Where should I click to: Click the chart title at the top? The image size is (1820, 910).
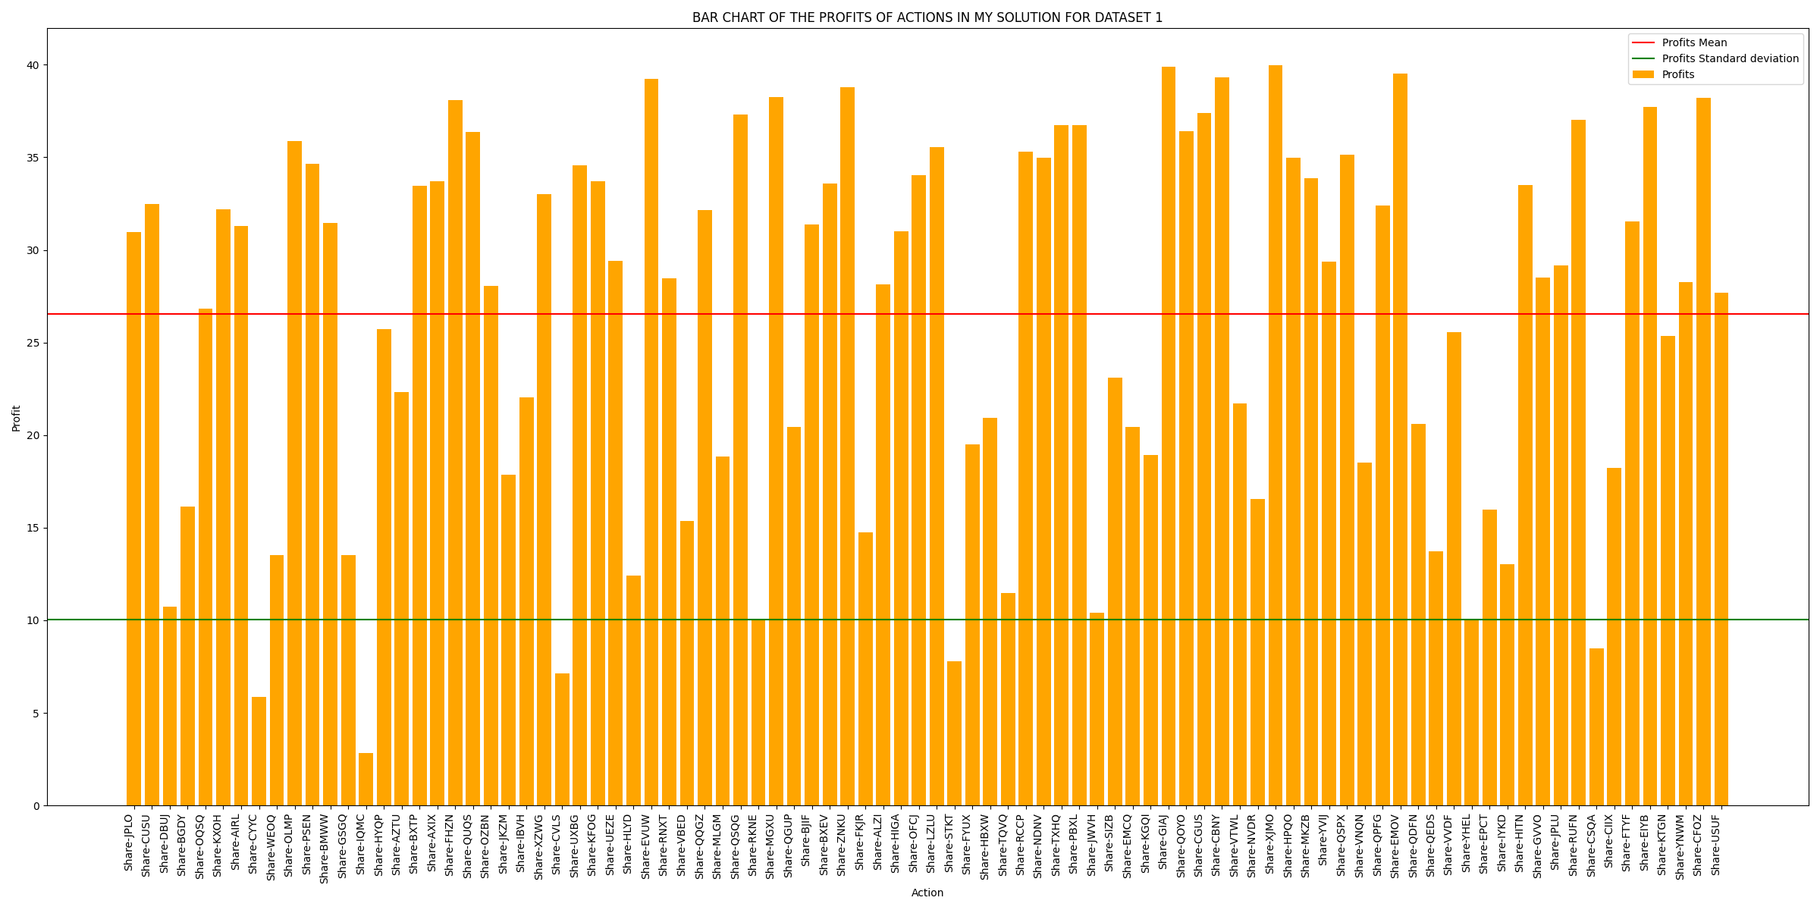[x=927, y=17]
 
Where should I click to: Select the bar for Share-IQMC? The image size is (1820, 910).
[x=366, y=779]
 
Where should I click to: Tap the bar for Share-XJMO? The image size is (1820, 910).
[x=1276, y=435]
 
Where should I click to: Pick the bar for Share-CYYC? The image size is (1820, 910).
[x=259, y=751]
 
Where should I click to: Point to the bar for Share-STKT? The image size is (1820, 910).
[x=954, y=733]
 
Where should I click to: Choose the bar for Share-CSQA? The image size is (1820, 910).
[x=1596, y=726]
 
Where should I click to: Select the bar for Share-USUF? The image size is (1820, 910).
[x=1721, y=549]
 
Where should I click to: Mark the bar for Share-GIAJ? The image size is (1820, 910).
[x=1169, y=436]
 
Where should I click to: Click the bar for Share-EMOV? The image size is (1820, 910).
[x=1400, y=440]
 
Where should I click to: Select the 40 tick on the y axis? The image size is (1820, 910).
[x=34, y=65]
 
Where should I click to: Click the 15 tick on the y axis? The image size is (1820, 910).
[x=34, y=528]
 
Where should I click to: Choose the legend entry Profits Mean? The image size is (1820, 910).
[x=1694, y=43]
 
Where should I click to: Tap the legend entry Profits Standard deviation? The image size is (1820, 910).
[x=1730, y=59]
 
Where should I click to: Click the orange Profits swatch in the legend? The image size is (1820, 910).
[x=1643, y=75]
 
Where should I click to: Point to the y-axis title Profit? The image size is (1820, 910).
[x=17, y=418]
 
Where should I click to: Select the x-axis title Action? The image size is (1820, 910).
[x=927, y=893]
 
